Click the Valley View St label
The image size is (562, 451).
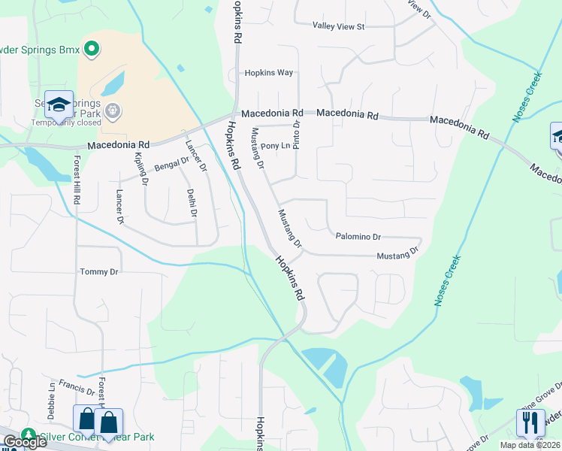(x=338, y=26)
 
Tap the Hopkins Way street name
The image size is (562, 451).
(x=268, y=73)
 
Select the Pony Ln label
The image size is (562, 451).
(x=275, y=145)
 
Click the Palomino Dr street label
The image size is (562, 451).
(x=358, y=236)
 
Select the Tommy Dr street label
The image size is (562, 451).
(x=99, y=271)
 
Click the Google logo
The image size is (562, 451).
(x=24, y=442)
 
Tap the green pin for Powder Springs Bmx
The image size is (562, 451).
(x=92, y=50)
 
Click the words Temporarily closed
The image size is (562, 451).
(x=66, y=123)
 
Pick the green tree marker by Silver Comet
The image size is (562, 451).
(x=29, y=435)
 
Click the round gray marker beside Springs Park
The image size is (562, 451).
(x=113, y=111)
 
